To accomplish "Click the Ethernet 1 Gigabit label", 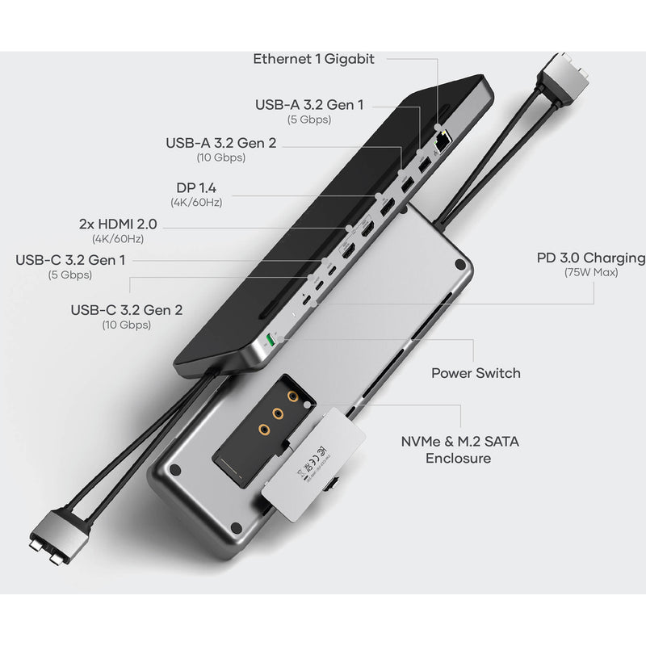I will tap(313, 59).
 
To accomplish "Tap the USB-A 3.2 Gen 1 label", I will tap(309, 104).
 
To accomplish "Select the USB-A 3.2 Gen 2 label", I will tap(220, 143).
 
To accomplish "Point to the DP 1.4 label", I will tap(197, 187).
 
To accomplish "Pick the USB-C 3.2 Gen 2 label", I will tap(126, 309).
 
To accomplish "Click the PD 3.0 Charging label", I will tap(591, 258).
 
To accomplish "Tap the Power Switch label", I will tap(476, 373).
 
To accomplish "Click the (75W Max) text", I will tap(591, 273).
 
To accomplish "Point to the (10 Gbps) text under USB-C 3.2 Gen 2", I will tap(126, 325).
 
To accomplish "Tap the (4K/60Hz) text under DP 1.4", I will tap(197, 201).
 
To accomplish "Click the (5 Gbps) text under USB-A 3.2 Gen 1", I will tap(309, 120).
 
